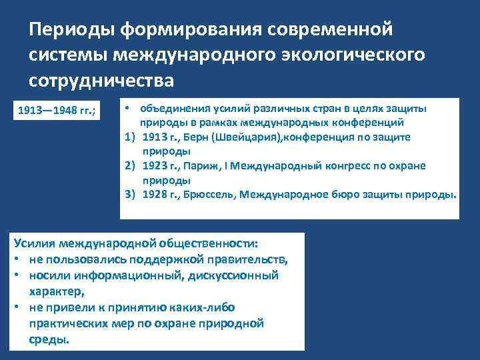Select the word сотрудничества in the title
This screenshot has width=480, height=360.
click(101, 80)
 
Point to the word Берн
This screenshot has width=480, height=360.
click(194, 137)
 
